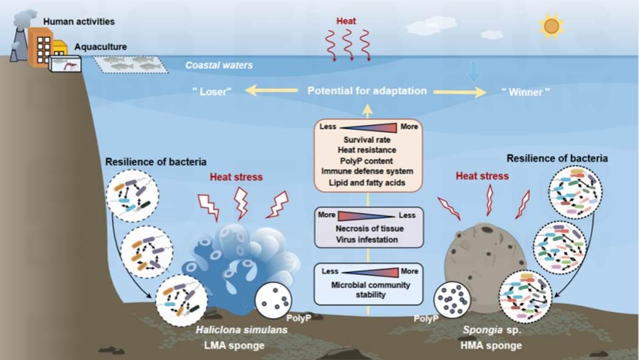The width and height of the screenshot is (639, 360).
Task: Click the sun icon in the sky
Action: point(551,26)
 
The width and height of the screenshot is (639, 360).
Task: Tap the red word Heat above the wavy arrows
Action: point(346,21)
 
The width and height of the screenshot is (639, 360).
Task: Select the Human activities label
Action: point(79,21)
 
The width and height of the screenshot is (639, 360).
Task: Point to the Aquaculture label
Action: point(100,47)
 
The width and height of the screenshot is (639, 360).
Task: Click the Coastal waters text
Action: point(219,66)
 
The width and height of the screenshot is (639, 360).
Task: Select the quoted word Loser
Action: point(212,91)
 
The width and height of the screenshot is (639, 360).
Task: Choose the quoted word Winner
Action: point(525,92)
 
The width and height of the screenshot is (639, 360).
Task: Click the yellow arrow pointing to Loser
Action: point(271,91)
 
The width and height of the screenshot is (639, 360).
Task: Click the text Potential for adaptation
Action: point(367,91)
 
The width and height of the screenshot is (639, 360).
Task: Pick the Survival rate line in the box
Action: point(367,140)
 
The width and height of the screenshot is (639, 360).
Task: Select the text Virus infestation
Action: point(367,240)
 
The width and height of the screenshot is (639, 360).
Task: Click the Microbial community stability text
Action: point(370,290)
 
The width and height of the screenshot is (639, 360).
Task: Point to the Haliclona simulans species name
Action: point(242,329)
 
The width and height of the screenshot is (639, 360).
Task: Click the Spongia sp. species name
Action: point(492,329)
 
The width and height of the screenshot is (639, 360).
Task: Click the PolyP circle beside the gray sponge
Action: point(452,299)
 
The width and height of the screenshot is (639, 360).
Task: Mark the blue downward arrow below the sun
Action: point(474,72)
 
